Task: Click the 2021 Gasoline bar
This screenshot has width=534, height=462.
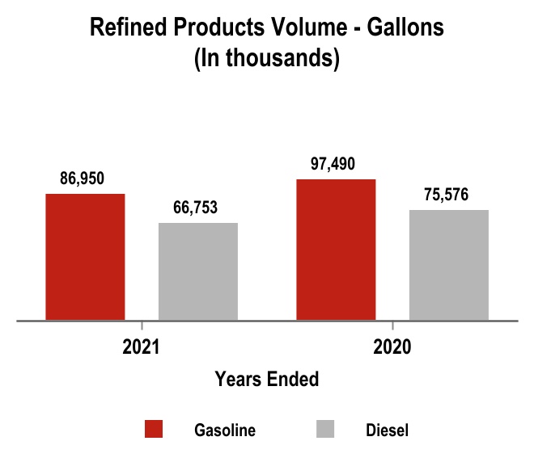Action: click(x=85, y=257)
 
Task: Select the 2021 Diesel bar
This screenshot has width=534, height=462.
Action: click(x=197, y=271)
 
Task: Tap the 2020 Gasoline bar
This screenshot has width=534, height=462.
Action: click(x=336, y=250)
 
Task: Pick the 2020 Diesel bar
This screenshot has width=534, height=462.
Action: click(x=448, y=265)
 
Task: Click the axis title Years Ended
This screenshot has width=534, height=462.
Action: click(x=266, y=379)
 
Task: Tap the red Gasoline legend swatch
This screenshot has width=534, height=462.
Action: click(x=154, y=430)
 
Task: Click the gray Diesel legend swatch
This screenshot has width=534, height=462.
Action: click(x=325, y=430)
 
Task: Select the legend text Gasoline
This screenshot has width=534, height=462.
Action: click(x=225, y=430)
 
